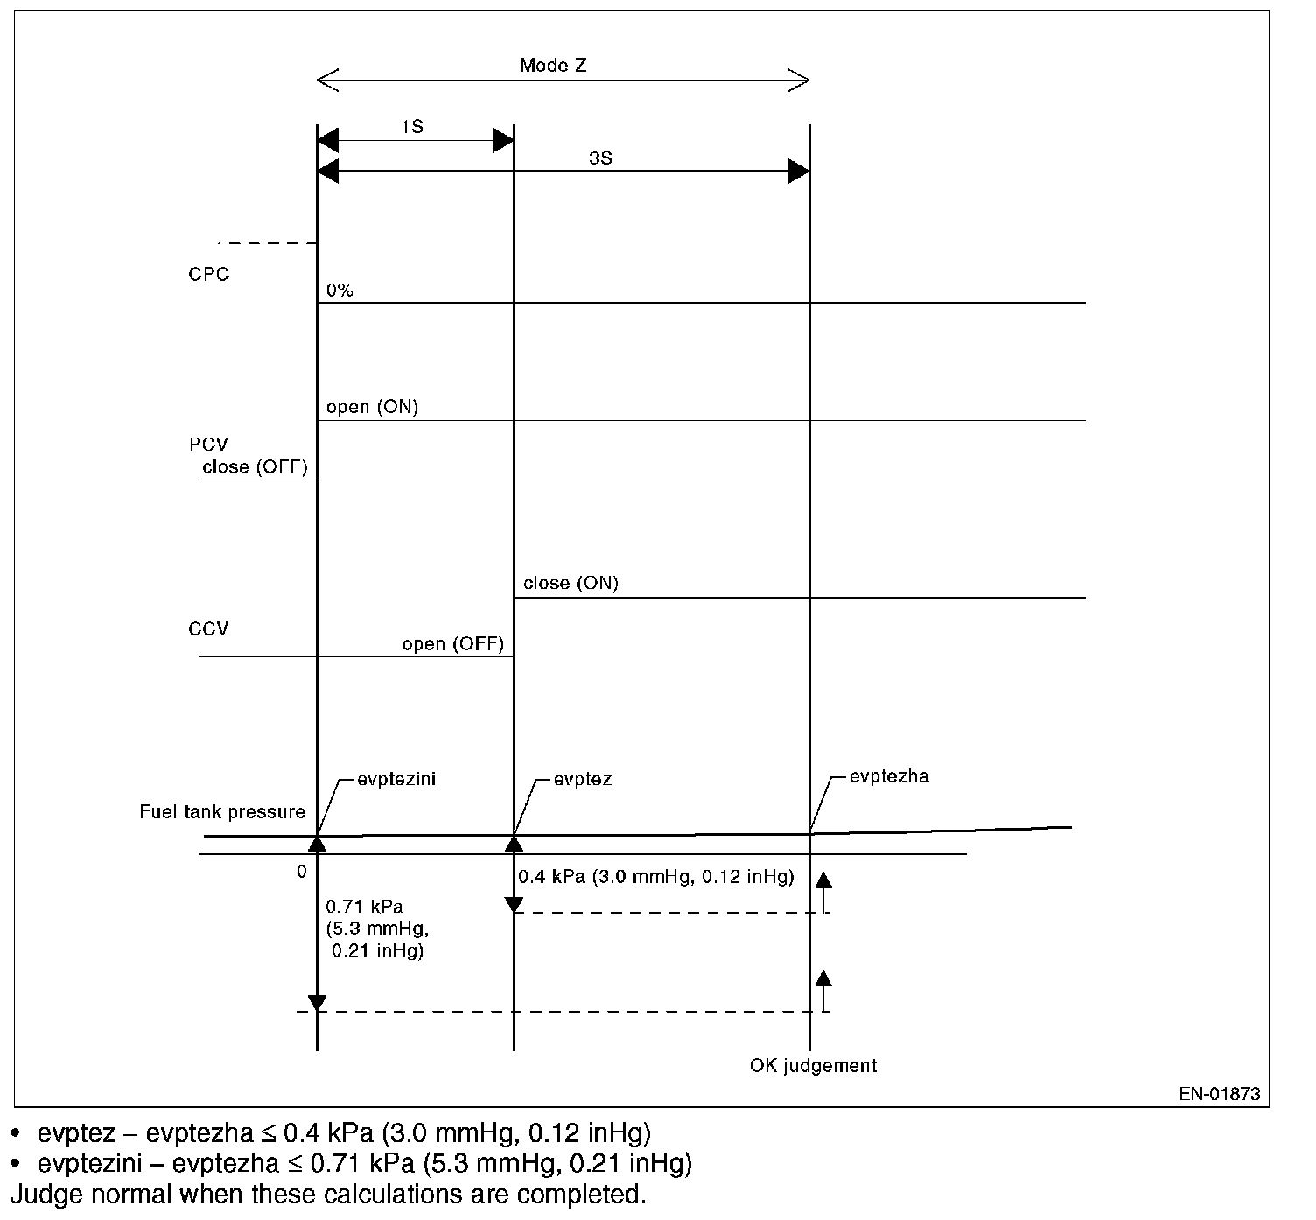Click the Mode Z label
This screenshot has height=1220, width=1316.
click(553, 65)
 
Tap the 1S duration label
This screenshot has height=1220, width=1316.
click(412, 126)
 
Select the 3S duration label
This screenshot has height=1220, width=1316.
click(599, 158)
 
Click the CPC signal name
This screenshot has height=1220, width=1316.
click(208, 274)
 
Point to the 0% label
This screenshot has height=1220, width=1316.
click(339, 290)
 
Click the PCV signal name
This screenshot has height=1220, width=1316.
click(208, 445)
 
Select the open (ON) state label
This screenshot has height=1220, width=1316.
click(372, 407)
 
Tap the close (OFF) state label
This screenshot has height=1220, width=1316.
click(255, 467)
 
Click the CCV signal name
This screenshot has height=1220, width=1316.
click(208, 628)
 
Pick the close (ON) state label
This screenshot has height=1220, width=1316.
click(570, 583)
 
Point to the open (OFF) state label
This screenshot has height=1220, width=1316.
click(452, 644)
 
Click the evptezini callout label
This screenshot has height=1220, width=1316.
click(396, 779)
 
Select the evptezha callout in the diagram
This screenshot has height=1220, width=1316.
click(889, 775)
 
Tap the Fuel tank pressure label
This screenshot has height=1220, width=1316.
click(222, 812)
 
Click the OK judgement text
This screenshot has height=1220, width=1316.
click(813, 1065)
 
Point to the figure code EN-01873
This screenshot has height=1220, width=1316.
click(1219, 1093)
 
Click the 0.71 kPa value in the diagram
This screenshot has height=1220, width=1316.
click(364, 906)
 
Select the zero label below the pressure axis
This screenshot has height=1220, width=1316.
click(301, 871)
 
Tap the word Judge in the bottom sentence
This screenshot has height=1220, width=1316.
click(35, 1194)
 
